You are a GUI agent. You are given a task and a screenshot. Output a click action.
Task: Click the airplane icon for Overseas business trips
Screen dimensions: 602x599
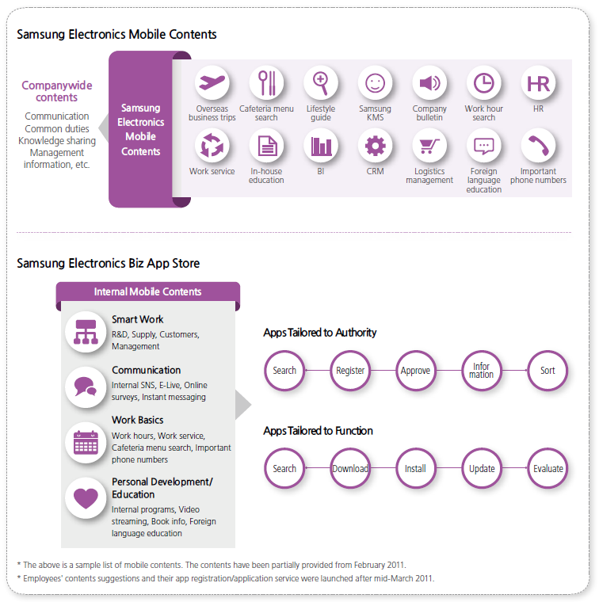212,82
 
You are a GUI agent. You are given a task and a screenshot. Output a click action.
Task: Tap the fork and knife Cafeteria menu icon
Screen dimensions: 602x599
266,82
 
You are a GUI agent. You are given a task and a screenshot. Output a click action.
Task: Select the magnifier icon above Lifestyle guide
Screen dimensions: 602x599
321,82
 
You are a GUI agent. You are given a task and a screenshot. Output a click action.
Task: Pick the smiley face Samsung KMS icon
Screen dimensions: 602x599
375,82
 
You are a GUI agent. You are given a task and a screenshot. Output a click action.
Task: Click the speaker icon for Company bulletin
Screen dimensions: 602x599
429,82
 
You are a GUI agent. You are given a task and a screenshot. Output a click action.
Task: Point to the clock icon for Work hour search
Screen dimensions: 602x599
483,82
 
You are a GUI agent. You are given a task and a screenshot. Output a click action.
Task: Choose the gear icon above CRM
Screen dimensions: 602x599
375,146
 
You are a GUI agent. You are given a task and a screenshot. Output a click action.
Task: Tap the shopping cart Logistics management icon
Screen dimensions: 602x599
429,146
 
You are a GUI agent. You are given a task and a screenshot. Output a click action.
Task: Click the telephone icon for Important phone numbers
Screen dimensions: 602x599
538,146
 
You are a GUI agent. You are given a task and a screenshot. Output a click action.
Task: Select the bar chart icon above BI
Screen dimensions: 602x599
321,146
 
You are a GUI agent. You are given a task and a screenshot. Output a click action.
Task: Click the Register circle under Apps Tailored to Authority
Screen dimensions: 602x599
350,370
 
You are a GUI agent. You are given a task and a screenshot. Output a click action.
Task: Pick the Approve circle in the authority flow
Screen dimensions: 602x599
416,370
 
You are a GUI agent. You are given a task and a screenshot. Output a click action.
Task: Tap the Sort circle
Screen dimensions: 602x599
547,370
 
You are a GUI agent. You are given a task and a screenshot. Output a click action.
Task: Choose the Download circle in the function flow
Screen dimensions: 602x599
350,468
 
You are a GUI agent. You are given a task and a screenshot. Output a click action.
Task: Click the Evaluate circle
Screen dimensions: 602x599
547,468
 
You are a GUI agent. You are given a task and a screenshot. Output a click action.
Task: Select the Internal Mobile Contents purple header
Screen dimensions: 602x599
148,291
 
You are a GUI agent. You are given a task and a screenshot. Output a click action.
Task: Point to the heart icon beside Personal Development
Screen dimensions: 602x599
86,498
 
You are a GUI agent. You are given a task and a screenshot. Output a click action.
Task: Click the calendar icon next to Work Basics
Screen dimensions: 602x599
86,443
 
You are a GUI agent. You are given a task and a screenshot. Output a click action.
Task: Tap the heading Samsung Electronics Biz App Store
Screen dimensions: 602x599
109,263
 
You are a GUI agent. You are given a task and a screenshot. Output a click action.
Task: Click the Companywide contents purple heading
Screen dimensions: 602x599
57,91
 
